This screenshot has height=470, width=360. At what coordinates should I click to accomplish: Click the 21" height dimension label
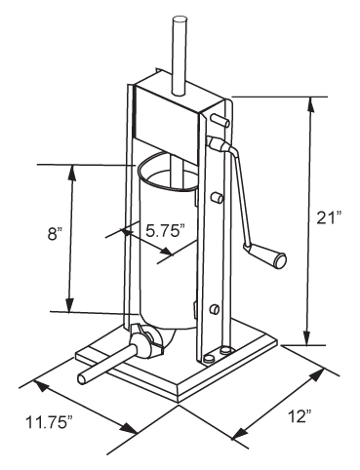329,217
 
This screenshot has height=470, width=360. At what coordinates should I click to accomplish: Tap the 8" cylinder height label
55,234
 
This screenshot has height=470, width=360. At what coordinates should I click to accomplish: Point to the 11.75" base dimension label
49,422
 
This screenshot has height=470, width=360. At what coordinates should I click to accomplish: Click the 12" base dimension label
300,416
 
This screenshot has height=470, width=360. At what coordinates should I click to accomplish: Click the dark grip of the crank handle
280,260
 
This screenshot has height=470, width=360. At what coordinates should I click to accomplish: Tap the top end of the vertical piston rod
180,21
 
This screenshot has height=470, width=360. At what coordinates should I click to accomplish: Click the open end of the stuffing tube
84,378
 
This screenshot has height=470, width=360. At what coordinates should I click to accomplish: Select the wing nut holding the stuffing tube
148,339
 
